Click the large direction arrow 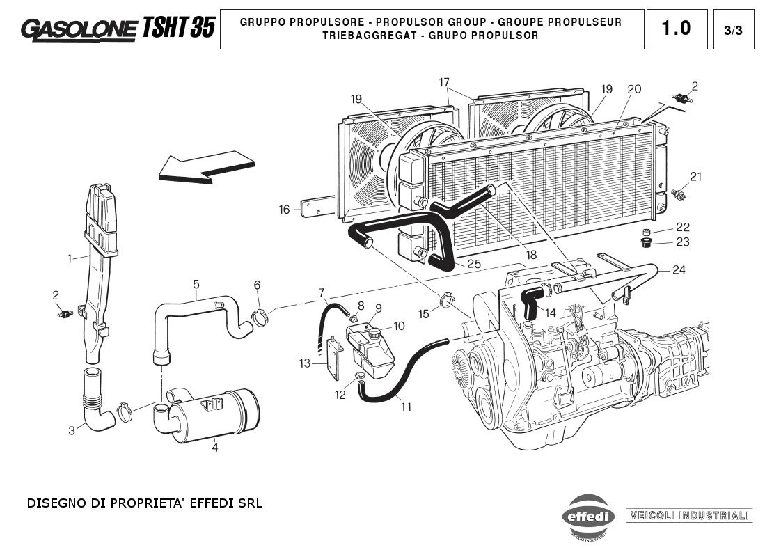tap(205, 167)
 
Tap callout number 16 tap(284, 210)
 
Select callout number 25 tap(474, 264)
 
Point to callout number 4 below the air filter tap(214, 448)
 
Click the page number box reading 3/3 tap(734, 30)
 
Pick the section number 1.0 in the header tap(676, 29)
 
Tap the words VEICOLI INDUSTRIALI tap(689, 516)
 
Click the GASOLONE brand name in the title tap(79, 29)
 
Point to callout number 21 tap(696, 176)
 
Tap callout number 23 tap(683, 242)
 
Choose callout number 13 tap(305, 363)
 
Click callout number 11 tap(406, 407)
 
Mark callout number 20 tap(633, 89)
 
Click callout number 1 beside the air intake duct tap(70, 259)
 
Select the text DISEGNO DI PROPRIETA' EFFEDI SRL tap(145, 503)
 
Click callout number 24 tap(679, 270)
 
